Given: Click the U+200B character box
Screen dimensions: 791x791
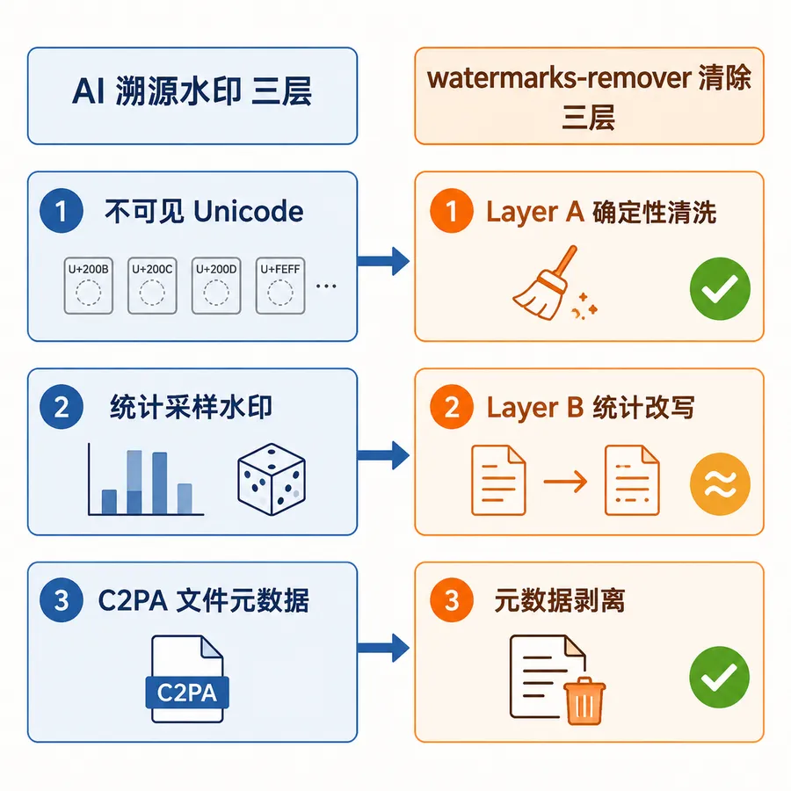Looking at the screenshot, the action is [88, 286].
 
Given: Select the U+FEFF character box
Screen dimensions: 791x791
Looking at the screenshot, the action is [280, 286].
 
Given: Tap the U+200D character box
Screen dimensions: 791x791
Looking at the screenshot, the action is [216, 286].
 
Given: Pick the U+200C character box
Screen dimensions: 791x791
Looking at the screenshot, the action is [152, 286].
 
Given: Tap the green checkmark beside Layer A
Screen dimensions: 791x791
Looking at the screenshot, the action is [720, 288].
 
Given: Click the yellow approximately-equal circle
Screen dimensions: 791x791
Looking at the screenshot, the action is [720, 483].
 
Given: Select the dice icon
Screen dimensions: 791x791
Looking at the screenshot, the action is [272, 479].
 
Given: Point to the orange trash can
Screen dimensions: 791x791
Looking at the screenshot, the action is [584, 700].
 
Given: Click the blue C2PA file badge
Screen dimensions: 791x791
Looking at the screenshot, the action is [187, 693].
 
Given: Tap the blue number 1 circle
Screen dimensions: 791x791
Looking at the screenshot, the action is [62, 210].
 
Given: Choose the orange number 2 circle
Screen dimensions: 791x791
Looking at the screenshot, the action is [452, 407].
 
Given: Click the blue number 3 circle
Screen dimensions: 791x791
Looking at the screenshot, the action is [62, 599].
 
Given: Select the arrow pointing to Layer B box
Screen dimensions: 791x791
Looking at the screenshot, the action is [383, 455].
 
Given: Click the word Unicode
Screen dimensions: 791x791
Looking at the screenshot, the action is [249, 211].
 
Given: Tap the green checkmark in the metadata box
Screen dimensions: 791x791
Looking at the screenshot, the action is [719, 677].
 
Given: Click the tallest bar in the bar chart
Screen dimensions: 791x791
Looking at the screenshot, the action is [134, 483].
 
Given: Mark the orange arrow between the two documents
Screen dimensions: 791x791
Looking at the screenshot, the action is [565, 482].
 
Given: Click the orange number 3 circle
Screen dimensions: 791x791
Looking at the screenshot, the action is [452, 599].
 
